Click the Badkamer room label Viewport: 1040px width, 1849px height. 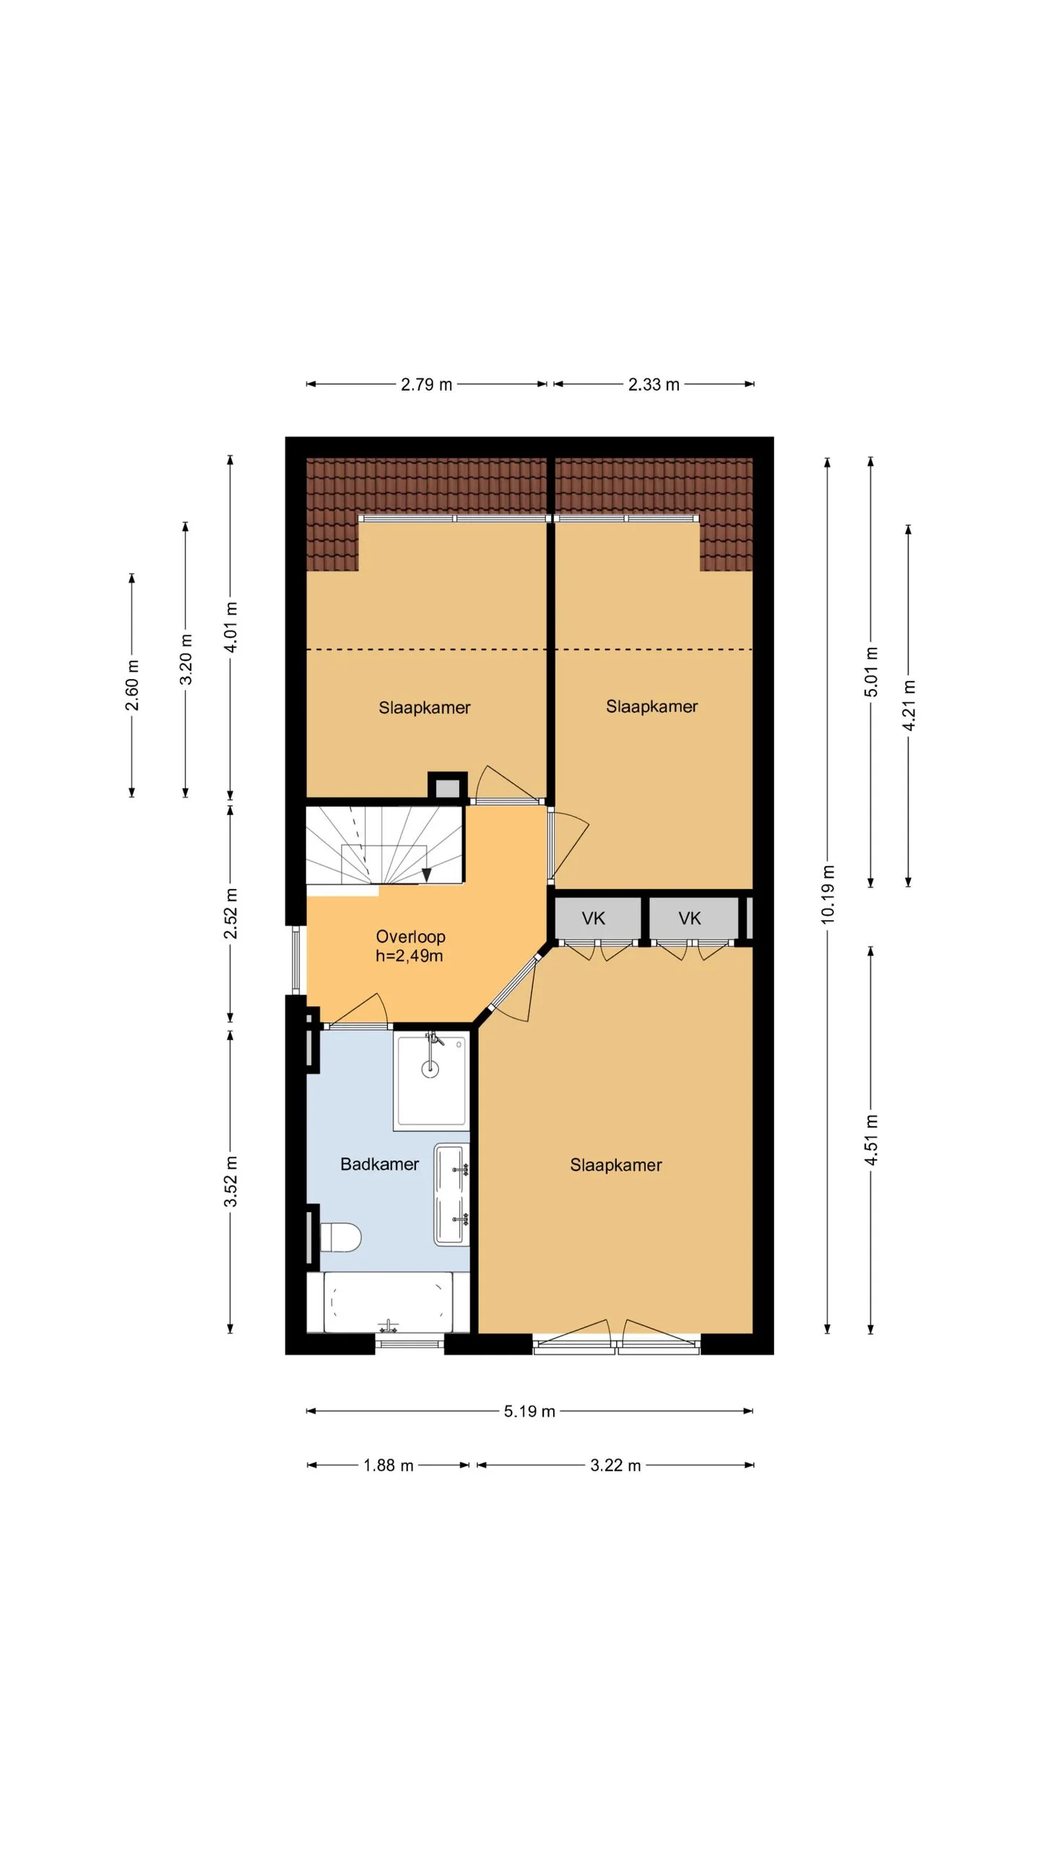pos(379,1164)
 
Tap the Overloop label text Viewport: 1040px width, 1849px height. pos(410,937)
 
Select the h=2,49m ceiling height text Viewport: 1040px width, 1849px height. pos(409,956)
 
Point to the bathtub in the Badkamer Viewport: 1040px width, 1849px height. pos(388,1302)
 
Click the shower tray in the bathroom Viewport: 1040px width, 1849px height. pos(431,1081)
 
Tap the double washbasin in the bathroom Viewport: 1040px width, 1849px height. pos(452,1194)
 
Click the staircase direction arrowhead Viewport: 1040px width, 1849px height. pos(427,875)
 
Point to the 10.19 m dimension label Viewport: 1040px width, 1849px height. pos(828,894)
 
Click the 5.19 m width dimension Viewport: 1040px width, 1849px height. pos(529,1411)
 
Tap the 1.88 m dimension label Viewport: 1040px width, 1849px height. pos(388,1465)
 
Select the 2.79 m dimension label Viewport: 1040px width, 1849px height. pos(426,384)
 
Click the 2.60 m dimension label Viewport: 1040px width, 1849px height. pos(132,685)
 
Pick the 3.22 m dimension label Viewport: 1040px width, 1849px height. pos(615,1465)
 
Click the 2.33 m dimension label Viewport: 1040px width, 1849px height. pos(654,384)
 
